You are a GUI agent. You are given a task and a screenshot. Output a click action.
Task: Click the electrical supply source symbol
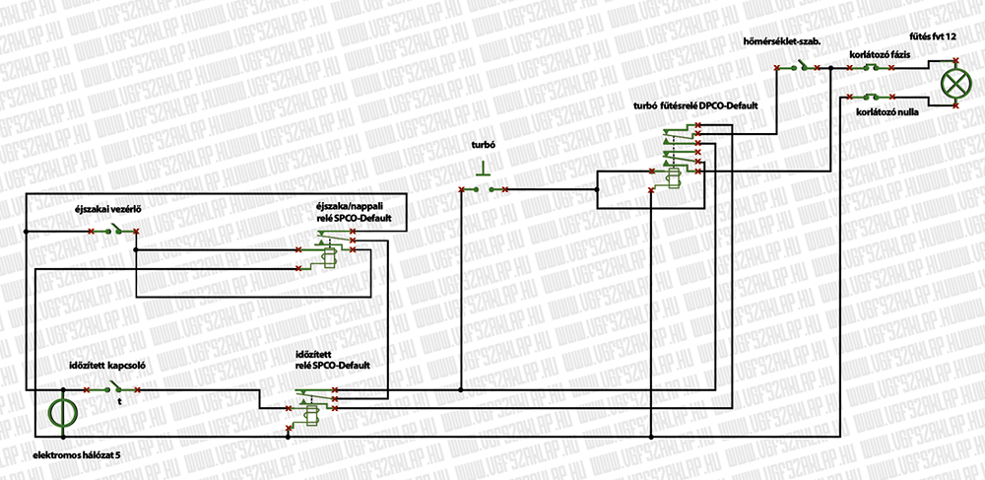(60, 413)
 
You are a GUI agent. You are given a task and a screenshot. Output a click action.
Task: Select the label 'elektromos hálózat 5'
(76, 455)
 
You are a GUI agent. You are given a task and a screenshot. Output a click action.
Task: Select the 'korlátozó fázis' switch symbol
(871, 68)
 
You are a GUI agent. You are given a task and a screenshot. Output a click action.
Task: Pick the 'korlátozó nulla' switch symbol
(871, 96)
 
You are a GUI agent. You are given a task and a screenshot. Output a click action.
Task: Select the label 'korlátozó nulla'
(887, 112)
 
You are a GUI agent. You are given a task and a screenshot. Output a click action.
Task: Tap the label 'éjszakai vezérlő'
(109, 209)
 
